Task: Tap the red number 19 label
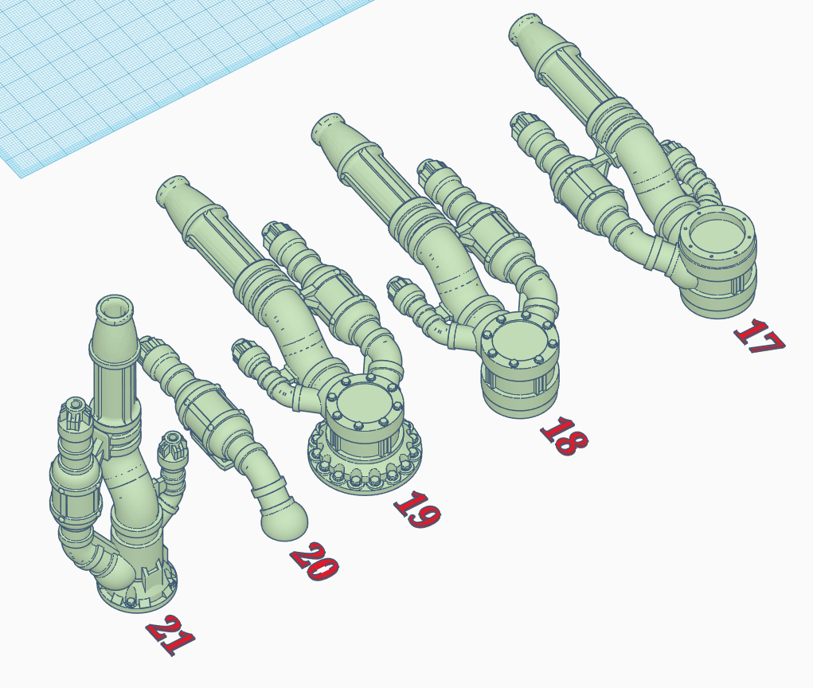coord(416,510)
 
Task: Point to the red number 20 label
coord(314,564)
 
